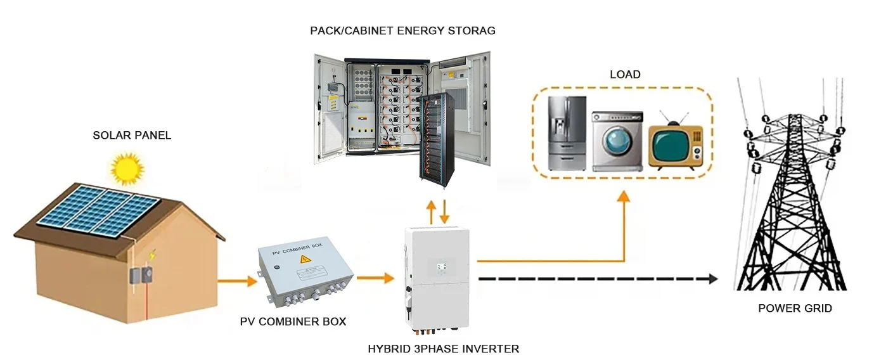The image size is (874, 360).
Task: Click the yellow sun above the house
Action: pyautogui.click(x=127, y=169)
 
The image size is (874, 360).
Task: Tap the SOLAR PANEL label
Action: pyautogui.click(x=132, y=135)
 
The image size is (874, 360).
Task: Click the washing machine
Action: pyautogui.click(x=617, y=141)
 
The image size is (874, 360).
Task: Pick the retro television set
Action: pyautogui.click(x=675, y=145)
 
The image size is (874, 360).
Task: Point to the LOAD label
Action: pyautogui.click(x=625, y=75)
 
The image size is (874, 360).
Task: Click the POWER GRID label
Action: pyautogui.click(x=795, y=309)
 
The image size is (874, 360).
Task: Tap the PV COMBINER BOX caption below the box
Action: pyautogui.click(x=293, y=322)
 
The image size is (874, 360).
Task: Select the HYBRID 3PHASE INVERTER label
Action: pyautogui.click(x=443, y=349)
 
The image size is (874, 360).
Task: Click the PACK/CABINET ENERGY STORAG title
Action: pyautogui.click(x=402, y=30)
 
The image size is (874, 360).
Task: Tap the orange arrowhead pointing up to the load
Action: pyautogui.click(x=624, y=196)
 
